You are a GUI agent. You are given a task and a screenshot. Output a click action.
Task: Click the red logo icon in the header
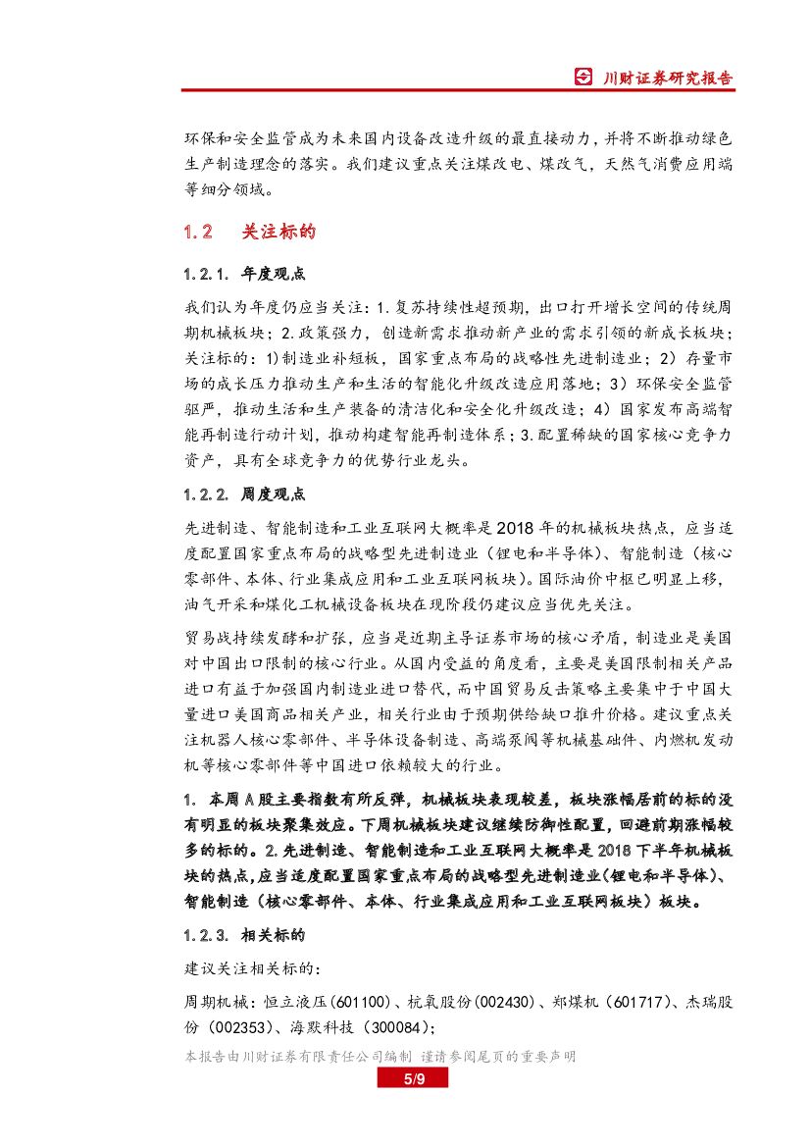point(583,78)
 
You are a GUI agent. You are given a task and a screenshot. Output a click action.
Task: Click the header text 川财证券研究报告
point(666,78)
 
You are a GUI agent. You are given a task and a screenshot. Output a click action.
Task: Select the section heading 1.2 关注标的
point(249,232)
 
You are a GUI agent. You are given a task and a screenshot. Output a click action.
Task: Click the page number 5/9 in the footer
point(413,1080)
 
